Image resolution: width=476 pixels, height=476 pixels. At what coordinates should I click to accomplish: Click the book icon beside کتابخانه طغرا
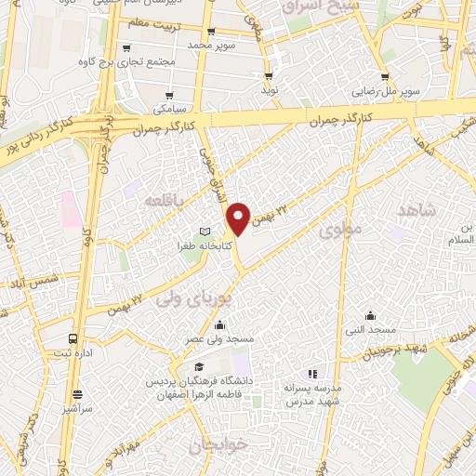(x=206, y=231)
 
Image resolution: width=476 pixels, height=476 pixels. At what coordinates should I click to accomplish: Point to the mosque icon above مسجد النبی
(x=370, y=315)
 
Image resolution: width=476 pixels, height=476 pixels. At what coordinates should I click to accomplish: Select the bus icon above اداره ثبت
(x=73, y=338)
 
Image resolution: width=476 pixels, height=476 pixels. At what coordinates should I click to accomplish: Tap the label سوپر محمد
(x=214, y=45)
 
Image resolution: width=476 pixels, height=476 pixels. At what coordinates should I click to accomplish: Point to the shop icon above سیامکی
(x=169, y=95)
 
